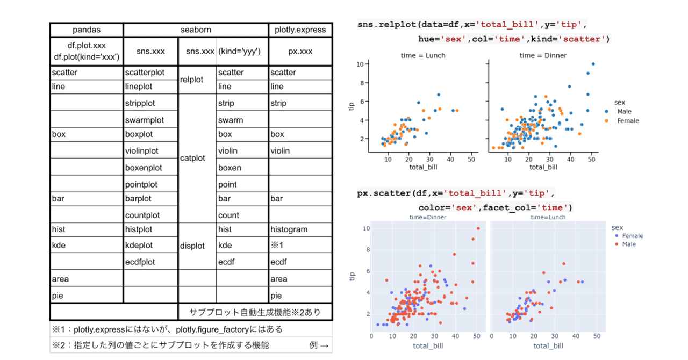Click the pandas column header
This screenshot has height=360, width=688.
pos(87,30)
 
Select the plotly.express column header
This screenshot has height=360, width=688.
pos(300,30)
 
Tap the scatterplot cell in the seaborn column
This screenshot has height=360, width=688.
pos(145,73)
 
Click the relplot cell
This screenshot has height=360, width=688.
pos(191,80)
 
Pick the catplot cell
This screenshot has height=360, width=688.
pos(192,159)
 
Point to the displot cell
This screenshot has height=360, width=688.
pos(192,246)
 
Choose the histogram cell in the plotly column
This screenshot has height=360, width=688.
pos(289,229)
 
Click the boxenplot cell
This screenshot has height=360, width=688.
pos(144,168)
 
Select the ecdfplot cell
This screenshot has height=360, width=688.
pos(140,262)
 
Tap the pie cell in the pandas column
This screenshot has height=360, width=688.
pos(58,296)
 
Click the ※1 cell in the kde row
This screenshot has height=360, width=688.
pos(277,246)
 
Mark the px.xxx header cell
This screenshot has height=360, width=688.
pos(299,52)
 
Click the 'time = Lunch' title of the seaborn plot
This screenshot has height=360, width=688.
pos(423,55)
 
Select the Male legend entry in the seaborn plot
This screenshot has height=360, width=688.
pos(624,111)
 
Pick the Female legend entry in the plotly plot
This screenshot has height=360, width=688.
pos(632,236)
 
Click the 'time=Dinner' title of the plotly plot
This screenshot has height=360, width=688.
pos(427,217)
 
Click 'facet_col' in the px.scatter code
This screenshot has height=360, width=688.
pos(507,207)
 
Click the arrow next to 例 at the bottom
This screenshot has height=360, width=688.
pos(325,345)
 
